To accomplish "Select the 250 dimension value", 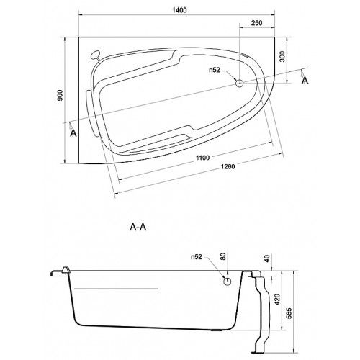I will coord(257,23).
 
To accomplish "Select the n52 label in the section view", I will coord(197,257).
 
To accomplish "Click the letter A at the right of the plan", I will coord(305,81).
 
